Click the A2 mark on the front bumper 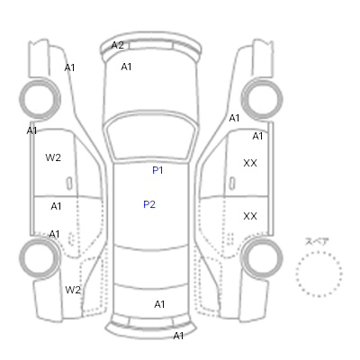pyautogui.click(x=117, y=45)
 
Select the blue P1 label pyautogui.click(x=157, y=170)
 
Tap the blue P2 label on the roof pyautogui.click(x=149, y=204)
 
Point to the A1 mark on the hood pyautogui.click(x=126, y=67)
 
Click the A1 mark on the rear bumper pyautogui.click(x=178, y=336)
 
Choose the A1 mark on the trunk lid pyautogui.click(x=159, y=304)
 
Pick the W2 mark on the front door pyautogui.click(x=53, y=157)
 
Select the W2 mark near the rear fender pyautogui.click(x=73, y=290)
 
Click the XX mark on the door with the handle pyautogui.click(x=250, y=163)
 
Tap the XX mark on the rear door pyautogui.click(x=250, y=216)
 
